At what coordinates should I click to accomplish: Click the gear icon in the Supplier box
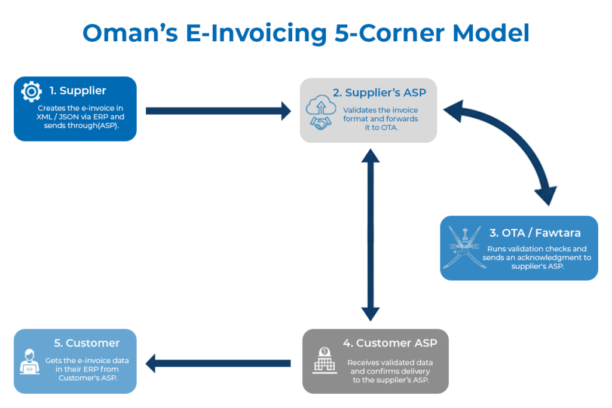[x=31, y=91]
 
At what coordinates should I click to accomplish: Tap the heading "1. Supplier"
[x=78, y=91]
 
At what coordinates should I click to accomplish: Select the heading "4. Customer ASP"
[x=390, y=343]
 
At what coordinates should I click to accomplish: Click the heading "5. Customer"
[x=87, y=343]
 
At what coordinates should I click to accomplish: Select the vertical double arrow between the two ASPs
[x=371, y=236]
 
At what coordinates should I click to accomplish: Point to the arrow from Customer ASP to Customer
[x=218, y=363]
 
